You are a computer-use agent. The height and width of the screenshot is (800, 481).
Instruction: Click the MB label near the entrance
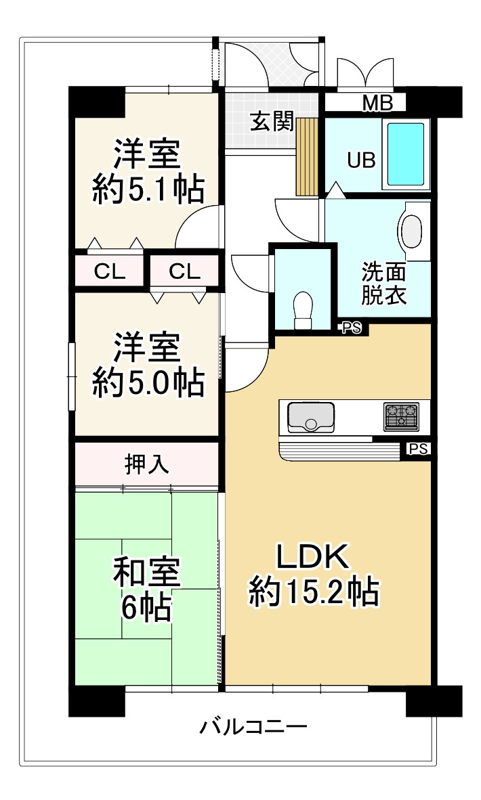tap(377, 104)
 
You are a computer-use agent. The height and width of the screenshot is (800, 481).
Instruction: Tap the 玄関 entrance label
tap(272, 123)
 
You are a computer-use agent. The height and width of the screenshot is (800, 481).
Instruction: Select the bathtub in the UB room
tap(406, 154)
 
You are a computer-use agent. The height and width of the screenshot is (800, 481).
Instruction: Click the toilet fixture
tap(302, 308)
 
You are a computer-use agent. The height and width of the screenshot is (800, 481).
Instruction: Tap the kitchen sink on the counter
tap(311, 416)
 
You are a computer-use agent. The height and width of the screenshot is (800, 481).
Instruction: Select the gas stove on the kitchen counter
tap(402, 416)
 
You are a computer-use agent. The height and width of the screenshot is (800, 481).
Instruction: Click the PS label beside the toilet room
tap(351, 329)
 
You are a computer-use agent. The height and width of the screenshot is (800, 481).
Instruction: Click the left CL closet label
tap(109, 272)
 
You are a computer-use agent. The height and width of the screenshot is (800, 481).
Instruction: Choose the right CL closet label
tap(184, 272)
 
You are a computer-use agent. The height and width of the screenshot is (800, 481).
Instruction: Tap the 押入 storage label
tap(146, 464)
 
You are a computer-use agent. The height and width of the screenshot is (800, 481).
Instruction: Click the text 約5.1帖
tap(148, 191)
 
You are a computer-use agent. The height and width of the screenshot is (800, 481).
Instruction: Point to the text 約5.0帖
tap(148, 384)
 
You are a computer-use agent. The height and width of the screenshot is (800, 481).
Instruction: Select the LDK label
tap(312, 557)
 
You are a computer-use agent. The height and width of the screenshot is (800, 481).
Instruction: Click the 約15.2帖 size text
tap(313, 594)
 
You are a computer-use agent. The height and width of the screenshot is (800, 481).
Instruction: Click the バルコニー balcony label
tap(253, 728)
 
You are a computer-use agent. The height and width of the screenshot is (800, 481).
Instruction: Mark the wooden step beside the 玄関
tap(306, 156)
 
